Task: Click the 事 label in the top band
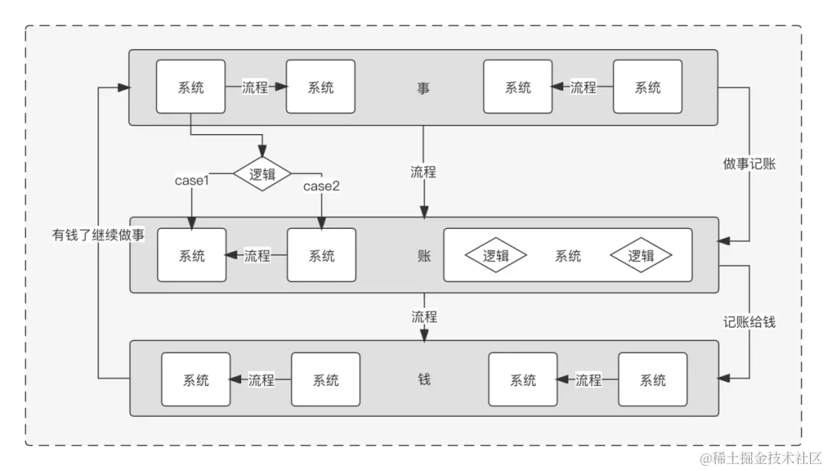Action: pyautogui.click(x=423, y=88)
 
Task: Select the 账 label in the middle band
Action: pyautogui.click(x=424, y=256)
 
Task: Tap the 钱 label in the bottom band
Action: pyautogui.click(x=424, y=379)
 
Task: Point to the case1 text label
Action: pyautogui.click(x=192, y=181)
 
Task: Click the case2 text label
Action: pyautogui.click(x=322, y=186)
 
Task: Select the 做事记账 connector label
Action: pyautogui.click(x=750, y=164)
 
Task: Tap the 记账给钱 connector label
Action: pyautogui.click(x=750, y=322)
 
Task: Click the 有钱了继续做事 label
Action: pyautogui.click(x=98, y=235)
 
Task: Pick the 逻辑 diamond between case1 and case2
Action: pyautogui.click(x=263, y=174)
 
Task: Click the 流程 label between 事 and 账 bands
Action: pyautogui.click(x=423, y=172)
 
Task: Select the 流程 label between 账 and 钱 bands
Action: pyautogui.click(x=423, y=316)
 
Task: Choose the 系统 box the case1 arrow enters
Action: pyautogui.click(x=192, y=255)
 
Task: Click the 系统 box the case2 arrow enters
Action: pyautogui.click(x=322, y=255)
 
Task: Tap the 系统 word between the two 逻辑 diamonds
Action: pyautogui.click(x=567, y=256)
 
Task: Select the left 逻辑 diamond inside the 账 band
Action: pyautogui.click(x=496, y=256)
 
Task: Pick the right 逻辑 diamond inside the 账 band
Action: pyautogui.click(x=641, y=256)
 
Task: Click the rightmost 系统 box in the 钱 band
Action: pyautogui.click(x=652, y=379)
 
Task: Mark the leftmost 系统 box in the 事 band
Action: pyautogui.click(x=191, y=87)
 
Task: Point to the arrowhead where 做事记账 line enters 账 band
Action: pyautogui.click(x=724, y=241)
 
